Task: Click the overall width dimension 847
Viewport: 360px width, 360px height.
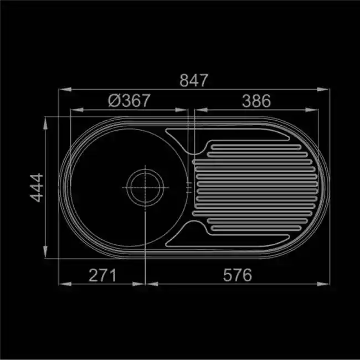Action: (194, 80)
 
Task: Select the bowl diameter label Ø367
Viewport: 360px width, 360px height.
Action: (129, 101)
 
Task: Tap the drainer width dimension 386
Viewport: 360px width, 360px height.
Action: (256, 101)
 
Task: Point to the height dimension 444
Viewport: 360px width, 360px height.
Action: (37, 188)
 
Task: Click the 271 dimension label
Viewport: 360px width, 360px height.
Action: (102, 275)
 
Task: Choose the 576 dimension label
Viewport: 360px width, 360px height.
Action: (238, 275)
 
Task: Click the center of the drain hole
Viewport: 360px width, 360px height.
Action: (145, 188)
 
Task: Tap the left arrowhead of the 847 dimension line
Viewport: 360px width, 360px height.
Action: (65, 89)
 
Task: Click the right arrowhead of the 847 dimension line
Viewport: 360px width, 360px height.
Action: (323, 89)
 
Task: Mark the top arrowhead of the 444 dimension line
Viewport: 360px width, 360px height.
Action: (45, 124)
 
